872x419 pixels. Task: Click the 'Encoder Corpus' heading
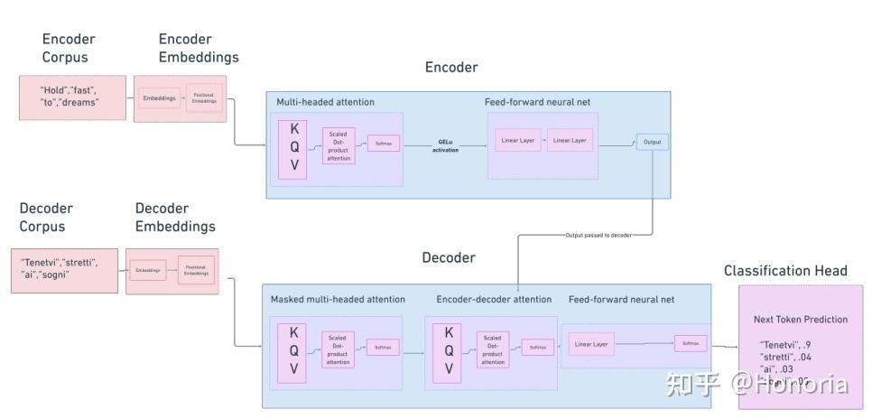69,48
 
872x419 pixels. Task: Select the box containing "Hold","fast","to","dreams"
72,97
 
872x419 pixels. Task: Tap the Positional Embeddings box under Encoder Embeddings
204,98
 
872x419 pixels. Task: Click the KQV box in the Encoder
293,145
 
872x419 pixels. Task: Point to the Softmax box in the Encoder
384,144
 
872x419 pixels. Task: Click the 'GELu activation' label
448,145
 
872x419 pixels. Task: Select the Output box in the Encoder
653,142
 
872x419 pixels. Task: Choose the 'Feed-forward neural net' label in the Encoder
537,102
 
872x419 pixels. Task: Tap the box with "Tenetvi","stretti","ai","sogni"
64,268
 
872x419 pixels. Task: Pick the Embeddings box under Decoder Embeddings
148,269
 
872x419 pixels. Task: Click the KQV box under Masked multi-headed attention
292,351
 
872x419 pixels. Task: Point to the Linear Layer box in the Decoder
591,343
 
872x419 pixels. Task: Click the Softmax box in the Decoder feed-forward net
691,343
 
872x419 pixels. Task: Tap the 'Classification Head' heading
785,271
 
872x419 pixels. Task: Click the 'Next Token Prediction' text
800,320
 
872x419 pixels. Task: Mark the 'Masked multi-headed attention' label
338,299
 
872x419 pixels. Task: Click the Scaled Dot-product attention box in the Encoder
339,145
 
